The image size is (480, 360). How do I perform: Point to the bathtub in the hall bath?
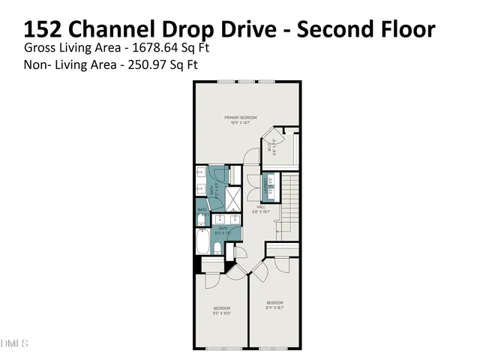coord(204,243)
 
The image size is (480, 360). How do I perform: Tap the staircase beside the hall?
coord(290,202)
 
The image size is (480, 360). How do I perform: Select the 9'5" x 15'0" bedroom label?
coord(221,310)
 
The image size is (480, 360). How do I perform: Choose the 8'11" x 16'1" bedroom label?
coord(274,304)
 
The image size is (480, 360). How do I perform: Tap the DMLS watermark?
coord(14,343)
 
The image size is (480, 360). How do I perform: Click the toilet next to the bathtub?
coord(201,219)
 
